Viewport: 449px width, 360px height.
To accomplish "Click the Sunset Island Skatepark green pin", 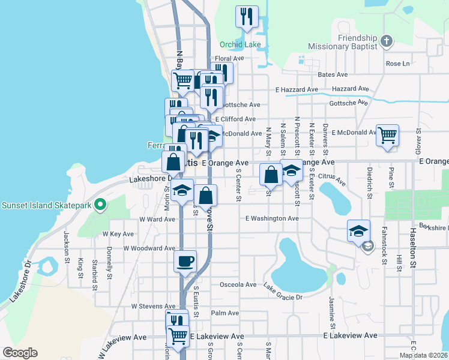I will click(x=101, y=206).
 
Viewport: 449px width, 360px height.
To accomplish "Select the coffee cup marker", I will click(x=184, y=262).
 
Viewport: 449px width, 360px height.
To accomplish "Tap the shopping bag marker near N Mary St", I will click(x=271, y=175).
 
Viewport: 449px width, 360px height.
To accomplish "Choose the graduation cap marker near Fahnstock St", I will click(x=358, y=232).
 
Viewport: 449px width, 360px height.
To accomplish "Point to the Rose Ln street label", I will click(x=397, y=64).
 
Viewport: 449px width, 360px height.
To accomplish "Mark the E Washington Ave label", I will click(x=272, y=219).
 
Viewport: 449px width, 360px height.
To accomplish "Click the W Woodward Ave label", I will click(x=149, y=248).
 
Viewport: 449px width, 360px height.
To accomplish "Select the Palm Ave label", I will click(x=225, y=313).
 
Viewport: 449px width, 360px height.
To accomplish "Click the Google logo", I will click(x=20, y=353).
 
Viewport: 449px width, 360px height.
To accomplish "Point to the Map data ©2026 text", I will click(x=423, y=355).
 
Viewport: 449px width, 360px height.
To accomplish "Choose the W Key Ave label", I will click(x=118, y=233).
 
